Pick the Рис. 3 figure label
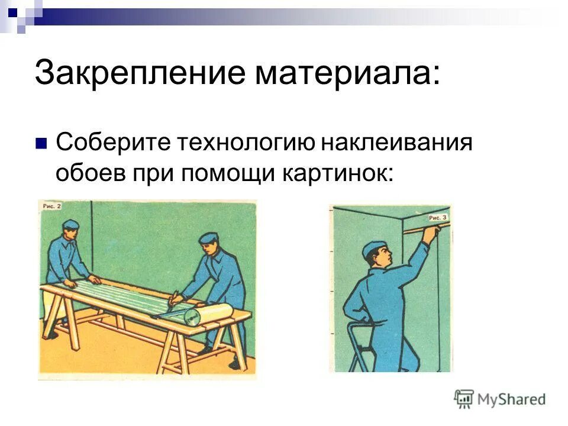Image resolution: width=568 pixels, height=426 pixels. tap(437, 218)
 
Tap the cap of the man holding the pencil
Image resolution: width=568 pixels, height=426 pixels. tap(209, 238)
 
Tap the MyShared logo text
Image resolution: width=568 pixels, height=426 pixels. tap(512, 399)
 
